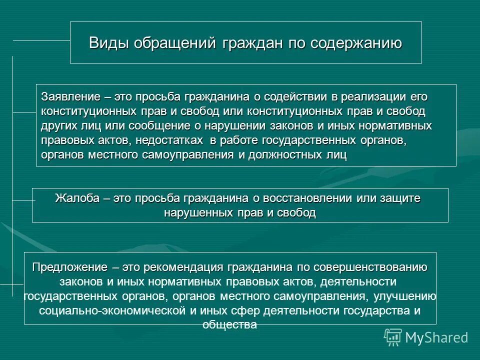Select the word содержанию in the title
coord(356,43)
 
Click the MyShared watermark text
coord(436,337)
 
